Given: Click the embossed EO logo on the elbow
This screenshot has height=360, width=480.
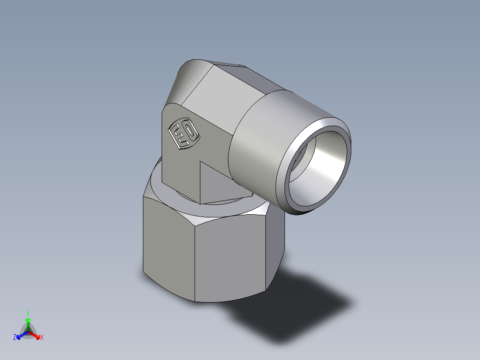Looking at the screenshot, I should click(183, 133).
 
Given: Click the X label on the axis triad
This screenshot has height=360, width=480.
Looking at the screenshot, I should click(42, 338).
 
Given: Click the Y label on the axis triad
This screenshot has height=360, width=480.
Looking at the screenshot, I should click(28, 313).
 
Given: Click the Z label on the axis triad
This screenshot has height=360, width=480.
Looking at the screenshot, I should click(15, 338).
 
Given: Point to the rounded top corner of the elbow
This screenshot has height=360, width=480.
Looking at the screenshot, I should click(189, 74).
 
